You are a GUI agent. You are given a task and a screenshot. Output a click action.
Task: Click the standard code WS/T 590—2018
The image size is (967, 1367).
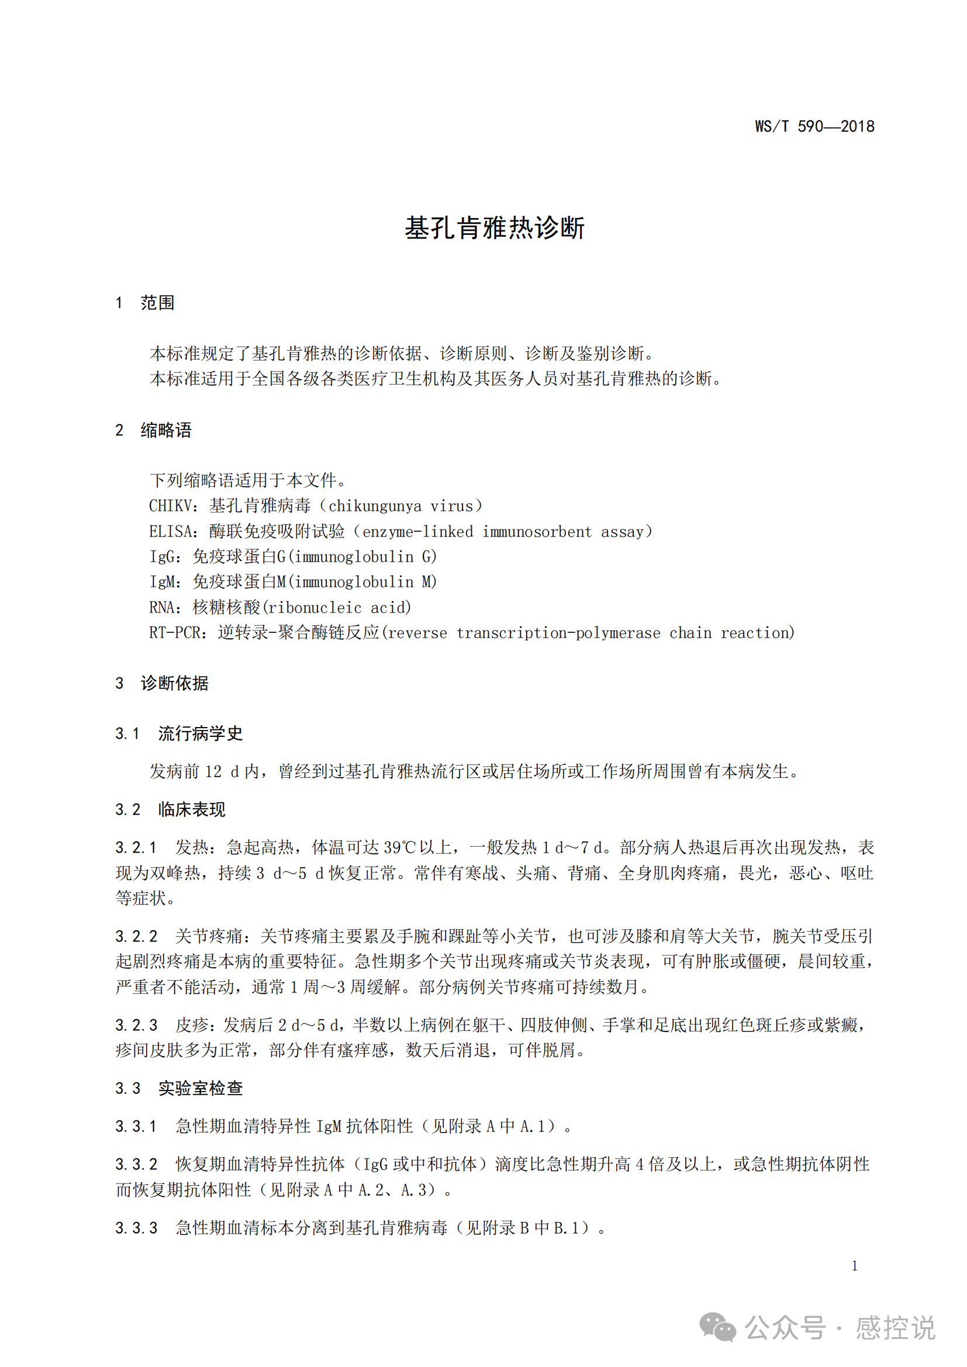click(814, 126)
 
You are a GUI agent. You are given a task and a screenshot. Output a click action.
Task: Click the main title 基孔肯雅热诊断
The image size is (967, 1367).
click(494, 228)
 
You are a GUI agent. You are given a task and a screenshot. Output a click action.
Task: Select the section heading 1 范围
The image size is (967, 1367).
click(146, 303)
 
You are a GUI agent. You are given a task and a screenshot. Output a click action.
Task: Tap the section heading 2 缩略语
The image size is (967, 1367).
click(154, 430)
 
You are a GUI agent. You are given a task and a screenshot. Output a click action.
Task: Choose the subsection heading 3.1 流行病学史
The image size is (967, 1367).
click(179, 733)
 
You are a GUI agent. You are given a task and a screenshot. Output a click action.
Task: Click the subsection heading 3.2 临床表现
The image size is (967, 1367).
click(171, 809)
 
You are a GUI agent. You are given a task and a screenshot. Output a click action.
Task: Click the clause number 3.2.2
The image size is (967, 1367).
click(136, 936)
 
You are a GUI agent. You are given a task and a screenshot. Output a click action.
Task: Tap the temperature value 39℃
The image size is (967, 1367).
click(399, 847)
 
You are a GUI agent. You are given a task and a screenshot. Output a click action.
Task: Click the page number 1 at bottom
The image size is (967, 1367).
click(855, 1265)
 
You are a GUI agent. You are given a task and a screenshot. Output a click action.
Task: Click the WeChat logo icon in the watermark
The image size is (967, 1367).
click(717, 1327)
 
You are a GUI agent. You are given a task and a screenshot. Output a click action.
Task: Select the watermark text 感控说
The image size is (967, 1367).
click(895, 1328)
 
